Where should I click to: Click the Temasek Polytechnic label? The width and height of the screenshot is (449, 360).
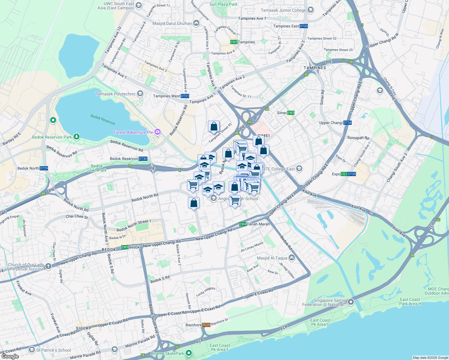116,94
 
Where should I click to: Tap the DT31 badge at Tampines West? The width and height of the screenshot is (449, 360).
185,96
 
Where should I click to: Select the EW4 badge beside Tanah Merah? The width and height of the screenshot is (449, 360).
243,224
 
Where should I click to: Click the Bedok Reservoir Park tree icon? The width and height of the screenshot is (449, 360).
77,137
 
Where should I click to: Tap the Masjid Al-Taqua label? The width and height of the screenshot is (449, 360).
272,258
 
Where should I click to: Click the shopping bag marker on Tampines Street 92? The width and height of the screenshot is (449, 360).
214,127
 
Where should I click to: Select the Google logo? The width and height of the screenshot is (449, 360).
10,356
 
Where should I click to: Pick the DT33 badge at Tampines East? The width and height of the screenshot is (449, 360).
304,26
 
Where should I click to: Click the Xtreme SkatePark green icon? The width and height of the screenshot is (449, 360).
188,353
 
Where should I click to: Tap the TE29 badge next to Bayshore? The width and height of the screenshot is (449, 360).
206,325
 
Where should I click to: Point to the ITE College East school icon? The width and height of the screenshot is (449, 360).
299,169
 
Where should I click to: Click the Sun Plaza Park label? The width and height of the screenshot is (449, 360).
223,4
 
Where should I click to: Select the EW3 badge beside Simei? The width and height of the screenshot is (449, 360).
291,113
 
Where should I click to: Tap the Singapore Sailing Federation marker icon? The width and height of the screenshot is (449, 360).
351,302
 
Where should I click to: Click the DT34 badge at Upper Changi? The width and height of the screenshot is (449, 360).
348,123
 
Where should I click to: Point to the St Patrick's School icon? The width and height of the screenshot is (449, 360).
32,350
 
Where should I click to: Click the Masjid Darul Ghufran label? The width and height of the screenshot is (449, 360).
172,23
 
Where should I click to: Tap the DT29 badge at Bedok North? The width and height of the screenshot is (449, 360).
44,168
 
